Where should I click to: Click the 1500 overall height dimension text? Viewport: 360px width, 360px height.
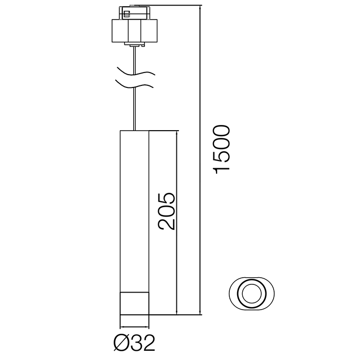(222, 149)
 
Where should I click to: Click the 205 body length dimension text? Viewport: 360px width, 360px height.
(167, 211)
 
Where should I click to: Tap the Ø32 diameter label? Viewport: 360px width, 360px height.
(135, 343)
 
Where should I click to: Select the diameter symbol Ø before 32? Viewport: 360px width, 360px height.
(122, 343)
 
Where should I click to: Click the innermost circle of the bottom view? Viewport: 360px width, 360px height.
(251, 294)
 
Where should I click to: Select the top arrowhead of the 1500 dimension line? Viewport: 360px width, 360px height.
(200, 8)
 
